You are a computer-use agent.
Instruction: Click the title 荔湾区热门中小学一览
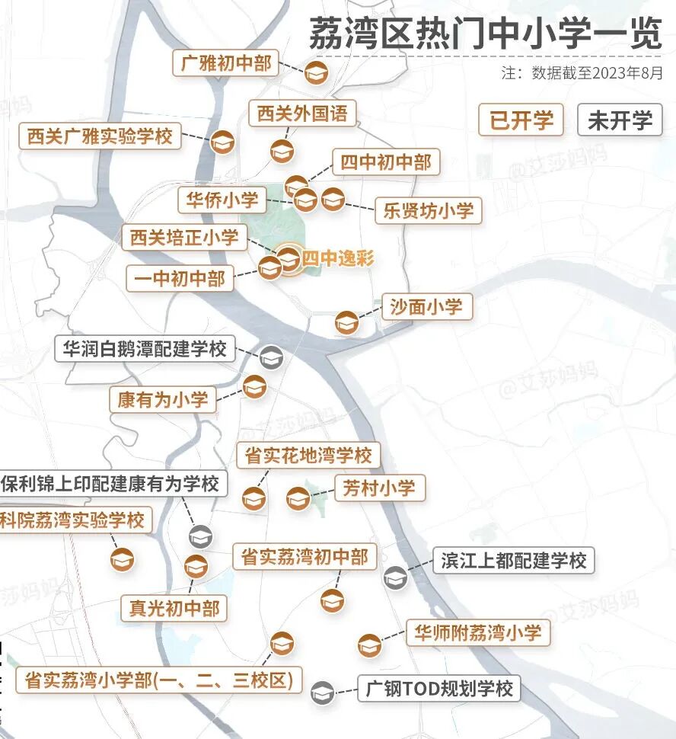(485, 34)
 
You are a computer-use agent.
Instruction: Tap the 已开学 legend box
(521, 120)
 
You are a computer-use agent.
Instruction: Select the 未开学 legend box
(620, 120)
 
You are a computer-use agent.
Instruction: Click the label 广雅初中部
(225, 63)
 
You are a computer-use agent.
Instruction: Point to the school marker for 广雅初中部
(315, 74)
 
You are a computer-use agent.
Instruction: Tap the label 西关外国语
(301, 114)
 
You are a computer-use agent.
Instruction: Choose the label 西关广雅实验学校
(100, 137)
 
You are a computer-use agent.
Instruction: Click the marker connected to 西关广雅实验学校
(222, 142)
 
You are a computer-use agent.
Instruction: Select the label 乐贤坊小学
(428, 210)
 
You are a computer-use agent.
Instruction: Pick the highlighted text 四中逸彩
(337, 259)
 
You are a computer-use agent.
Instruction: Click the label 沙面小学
(426, 307)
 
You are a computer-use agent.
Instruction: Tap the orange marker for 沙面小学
(346, 322)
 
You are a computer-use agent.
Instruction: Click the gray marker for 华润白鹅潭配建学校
(271, 357)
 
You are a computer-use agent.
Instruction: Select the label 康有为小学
(162, 399)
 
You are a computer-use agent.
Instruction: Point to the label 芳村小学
(379, 488)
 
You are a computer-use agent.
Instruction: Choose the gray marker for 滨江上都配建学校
(395, 577)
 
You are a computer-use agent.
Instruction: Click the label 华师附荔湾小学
(477, 632)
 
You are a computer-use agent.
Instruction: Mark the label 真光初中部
(174, 608)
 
